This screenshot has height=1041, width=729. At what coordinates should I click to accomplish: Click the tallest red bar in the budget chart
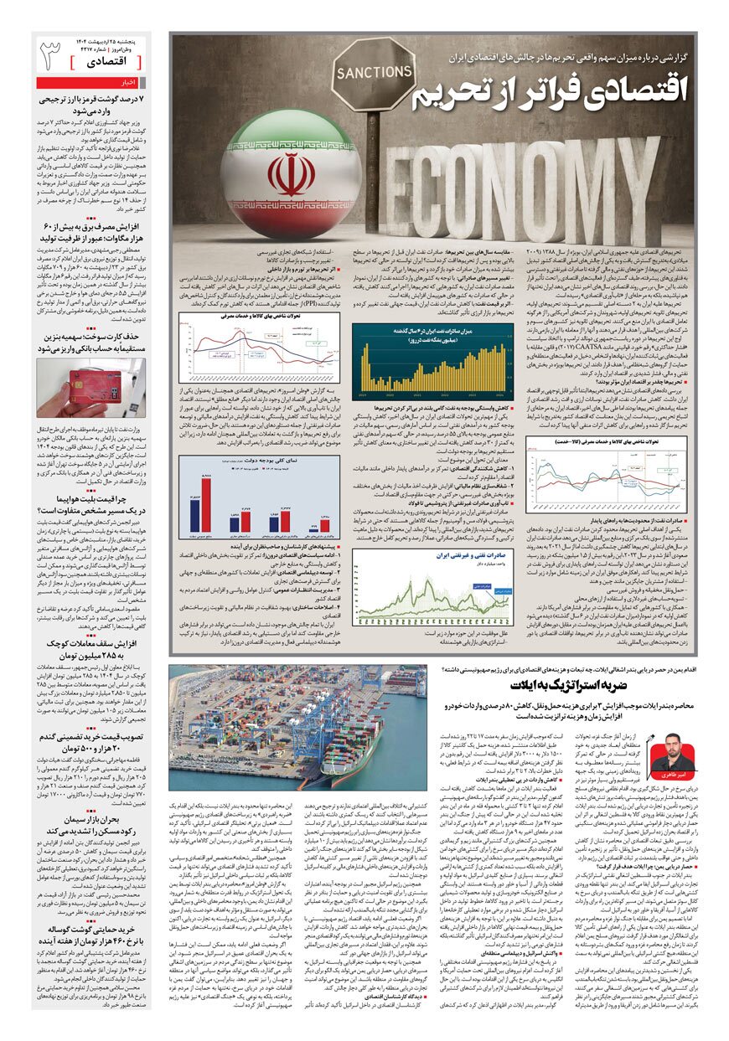(206, 503)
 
